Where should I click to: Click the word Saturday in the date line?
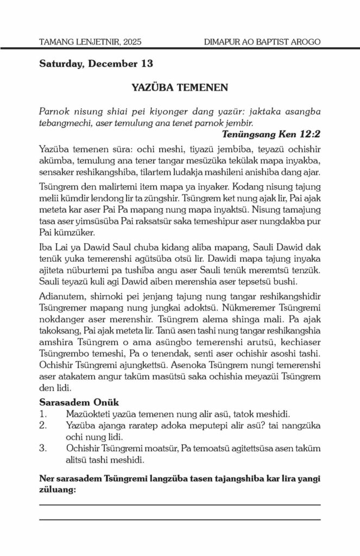tap(59, 63)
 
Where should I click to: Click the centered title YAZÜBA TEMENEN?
tap(180, 87)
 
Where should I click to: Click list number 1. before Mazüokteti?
tap(43, 414)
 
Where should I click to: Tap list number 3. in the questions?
tap(43, 448)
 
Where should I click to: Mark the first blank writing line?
tap(180, 505)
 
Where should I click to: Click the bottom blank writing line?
tap(180, 520)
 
